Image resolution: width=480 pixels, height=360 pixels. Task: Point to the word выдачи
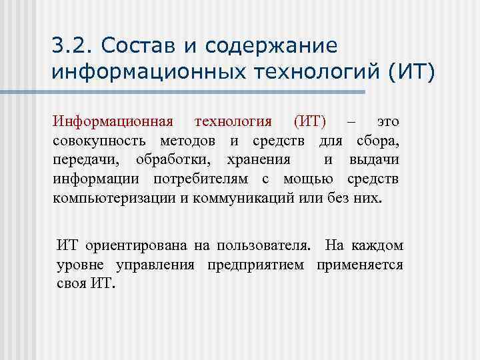[374, 160]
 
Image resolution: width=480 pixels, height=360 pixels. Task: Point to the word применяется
[360, 265]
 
